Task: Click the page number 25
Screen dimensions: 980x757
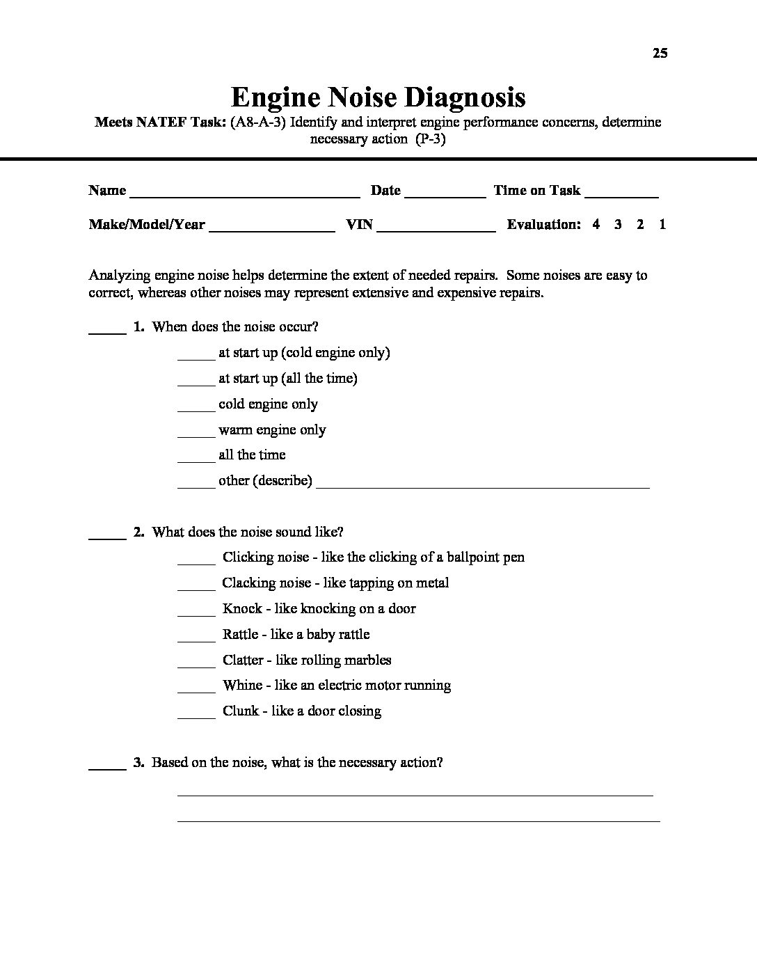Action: point(660,53)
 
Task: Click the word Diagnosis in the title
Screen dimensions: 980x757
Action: point(458,97)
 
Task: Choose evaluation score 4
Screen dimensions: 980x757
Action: point(596,225)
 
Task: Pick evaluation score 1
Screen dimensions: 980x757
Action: point(662,225)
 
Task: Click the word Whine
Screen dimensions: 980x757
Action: point(243,686)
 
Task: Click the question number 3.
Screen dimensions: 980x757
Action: point(138,763)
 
